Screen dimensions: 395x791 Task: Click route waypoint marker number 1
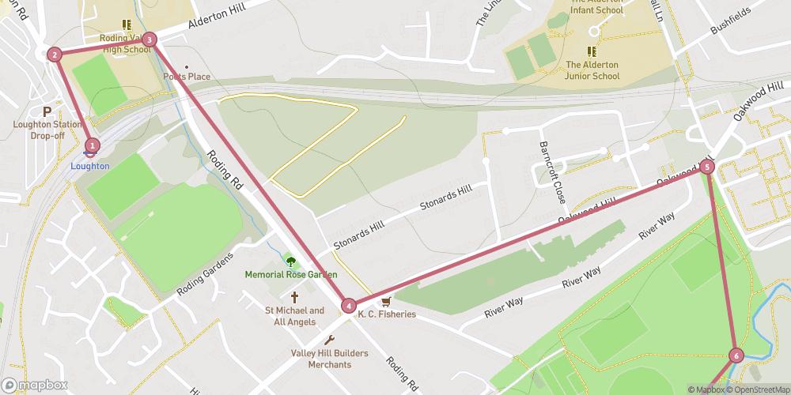(93, 145)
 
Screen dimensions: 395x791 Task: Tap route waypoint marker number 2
(54, 55)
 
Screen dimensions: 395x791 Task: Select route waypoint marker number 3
(149, 39)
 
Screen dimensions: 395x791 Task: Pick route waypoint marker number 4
(349, 306)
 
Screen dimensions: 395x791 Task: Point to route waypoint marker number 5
(707, 167)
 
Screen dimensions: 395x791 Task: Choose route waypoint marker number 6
(736, 355)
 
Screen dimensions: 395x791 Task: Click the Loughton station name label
(89, 166)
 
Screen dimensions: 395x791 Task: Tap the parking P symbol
(47, 111)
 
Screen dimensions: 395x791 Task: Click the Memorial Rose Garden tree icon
(290, 261)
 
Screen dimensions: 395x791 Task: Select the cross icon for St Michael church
(294, 298)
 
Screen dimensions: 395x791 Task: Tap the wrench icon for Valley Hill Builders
(330, 340)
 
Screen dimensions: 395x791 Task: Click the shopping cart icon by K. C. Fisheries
(386, 302)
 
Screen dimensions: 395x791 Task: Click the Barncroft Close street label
(551, 171)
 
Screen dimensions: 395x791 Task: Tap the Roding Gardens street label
(205, 274)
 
